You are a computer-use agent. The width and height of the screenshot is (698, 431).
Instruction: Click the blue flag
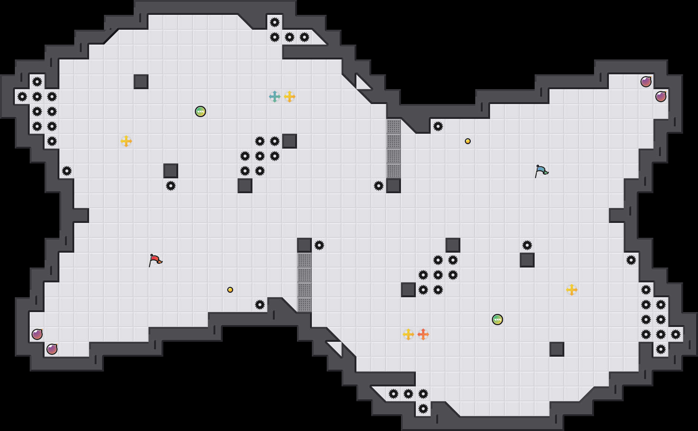click(x=541, y=171)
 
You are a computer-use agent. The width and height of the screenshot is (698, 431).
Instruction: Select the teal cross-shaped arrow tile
click(x=275, y=97)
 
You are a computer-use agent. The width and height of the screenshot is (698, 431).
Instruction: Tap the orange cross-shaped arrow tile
click(x=423, y=334)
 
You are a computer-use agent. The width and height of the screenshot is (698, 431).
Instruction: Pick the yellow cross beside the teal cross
click(x=290, y=97)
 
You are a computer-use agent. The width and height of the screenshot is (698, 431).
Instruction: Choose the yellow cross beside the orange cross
click(x=408, y=334)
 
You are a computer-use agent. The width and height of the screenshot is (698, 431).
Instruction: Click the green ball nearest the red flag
click(x=200, y=111)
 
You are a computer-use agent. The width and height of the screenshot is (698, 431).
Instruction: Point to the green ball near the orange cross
click(x=498, y=320)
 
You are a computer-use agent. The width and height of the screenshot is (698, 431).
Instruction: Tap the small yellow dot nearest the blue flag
click(x=468, y=141)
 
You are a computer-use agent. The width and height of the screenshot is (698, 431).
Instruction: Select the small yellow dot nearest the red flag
click(x=230, y=290)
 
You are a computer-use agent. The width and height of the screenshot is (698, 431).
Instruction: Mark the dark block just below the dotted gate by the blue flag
click(x=394, y=186)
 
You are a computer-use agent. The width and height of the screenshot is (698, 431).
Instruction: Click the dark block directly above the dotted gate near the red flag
click(x=304, y=245)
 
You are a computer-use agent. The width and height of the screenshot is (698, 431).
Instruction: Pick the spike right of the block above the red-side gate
click(x=319, y=245)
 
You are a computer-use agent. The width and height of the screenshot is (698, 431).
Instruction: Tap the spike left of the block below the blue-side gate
click(x=379, y=186)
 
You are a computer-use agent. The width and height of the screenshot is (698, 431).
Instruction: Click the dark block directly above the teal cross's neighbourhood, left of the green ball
click(x=141, y=82)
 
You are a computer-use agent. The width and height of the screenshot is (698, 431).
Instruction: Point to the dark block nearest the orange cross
click(x=408, y=290)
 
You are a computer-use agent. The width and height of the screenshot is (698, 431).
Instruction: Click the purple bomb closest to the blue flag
click(x=646, y=82)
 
